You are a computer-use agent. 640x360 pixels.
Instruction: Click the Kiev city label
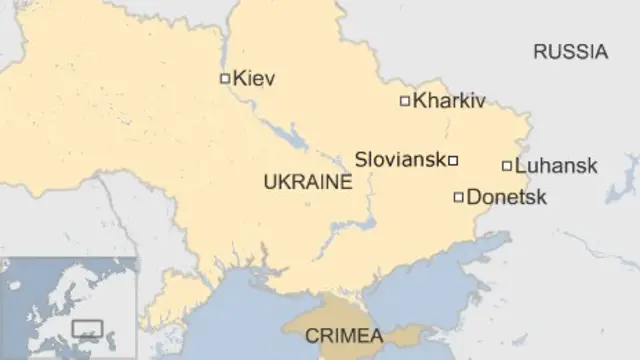[x=254, y=78]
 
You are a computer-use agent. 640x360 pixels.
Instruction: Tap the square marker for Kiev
[x=225, y=78]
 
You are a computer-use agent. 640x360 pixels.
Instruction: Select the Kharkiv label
[x=449, y=101]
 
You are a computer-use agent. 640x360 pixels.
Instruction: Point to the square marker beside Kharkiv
[x=405, y=101]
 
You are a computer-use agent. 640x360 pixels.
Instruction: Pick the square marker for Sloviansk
[x=453, y=160]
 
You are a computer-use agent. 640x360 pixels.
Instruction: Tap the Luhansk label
[x=557, y=166]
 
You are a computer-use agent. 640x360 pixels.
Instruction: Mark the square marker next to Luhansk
[x=507, y=166]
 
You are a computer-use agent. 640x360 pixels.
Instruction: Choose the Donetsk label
[x=507, y=197]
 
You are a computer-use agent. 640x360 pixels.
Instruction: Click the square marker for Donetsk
[x=459, y=197]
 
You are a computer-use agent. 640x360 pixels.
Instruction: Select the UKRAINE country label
[x=307, y=182]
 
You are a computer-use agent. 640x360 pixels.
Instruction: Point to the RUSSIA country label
[x=569, y=53]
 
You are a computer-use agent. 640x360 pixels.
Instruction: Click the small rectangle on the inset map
[x=88, y=329]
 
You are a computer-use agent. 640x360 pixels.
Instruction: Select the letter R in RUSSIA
[x=539, y=53]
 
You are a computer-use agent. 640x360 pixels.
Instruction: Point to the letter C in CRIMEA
[x=310, y=335]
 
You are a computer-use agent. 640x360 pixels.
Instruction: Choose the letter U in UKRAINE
[x=268, y=182]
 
